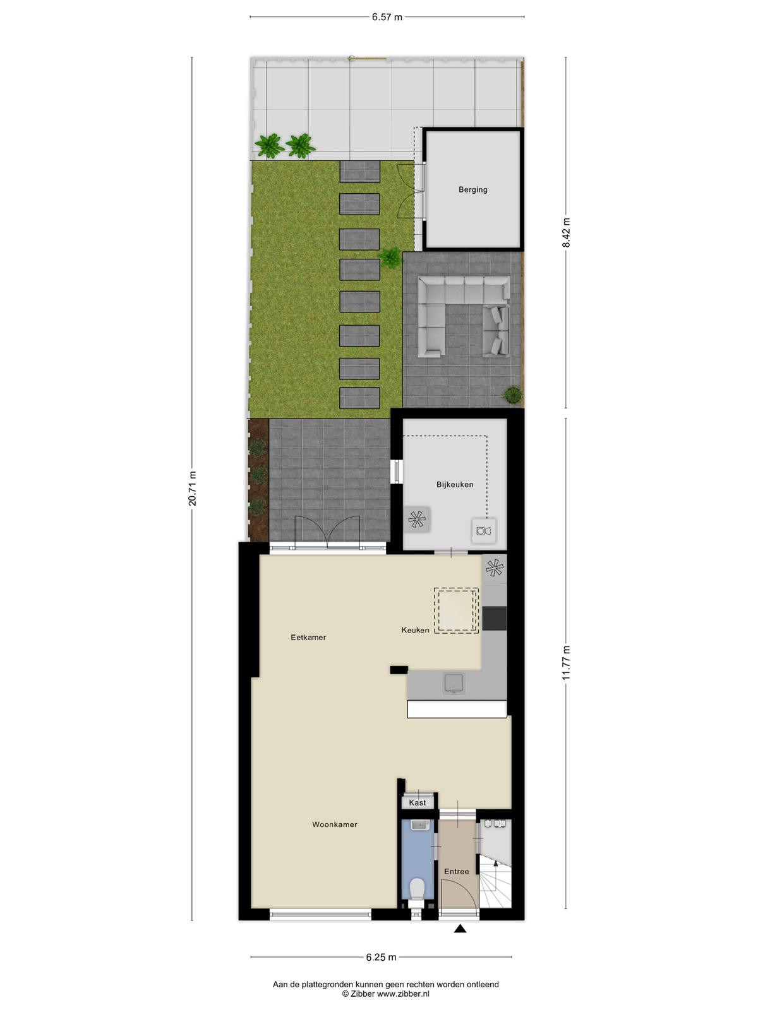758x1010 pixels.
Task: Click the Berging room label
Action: (472, 189)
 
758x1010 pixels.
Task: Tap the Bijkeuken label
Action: (455, 484)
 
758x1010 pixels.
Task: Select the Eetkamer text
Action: (308, 638)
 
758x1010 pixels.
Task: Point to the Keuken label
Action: (415, 630)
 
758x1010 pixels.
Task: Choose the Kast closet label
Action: (418, 802)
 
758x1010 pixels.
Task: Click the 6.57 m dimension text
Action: (387, 17)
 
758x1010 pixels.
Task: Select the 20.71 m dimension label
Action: (193, 488)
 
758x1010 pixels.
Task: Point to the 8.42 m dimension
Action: (566, 232)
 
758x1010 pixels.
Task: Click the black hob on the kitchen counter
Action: (495, 619)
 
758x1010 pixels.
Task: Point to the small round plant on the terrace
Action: (512, 395)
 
